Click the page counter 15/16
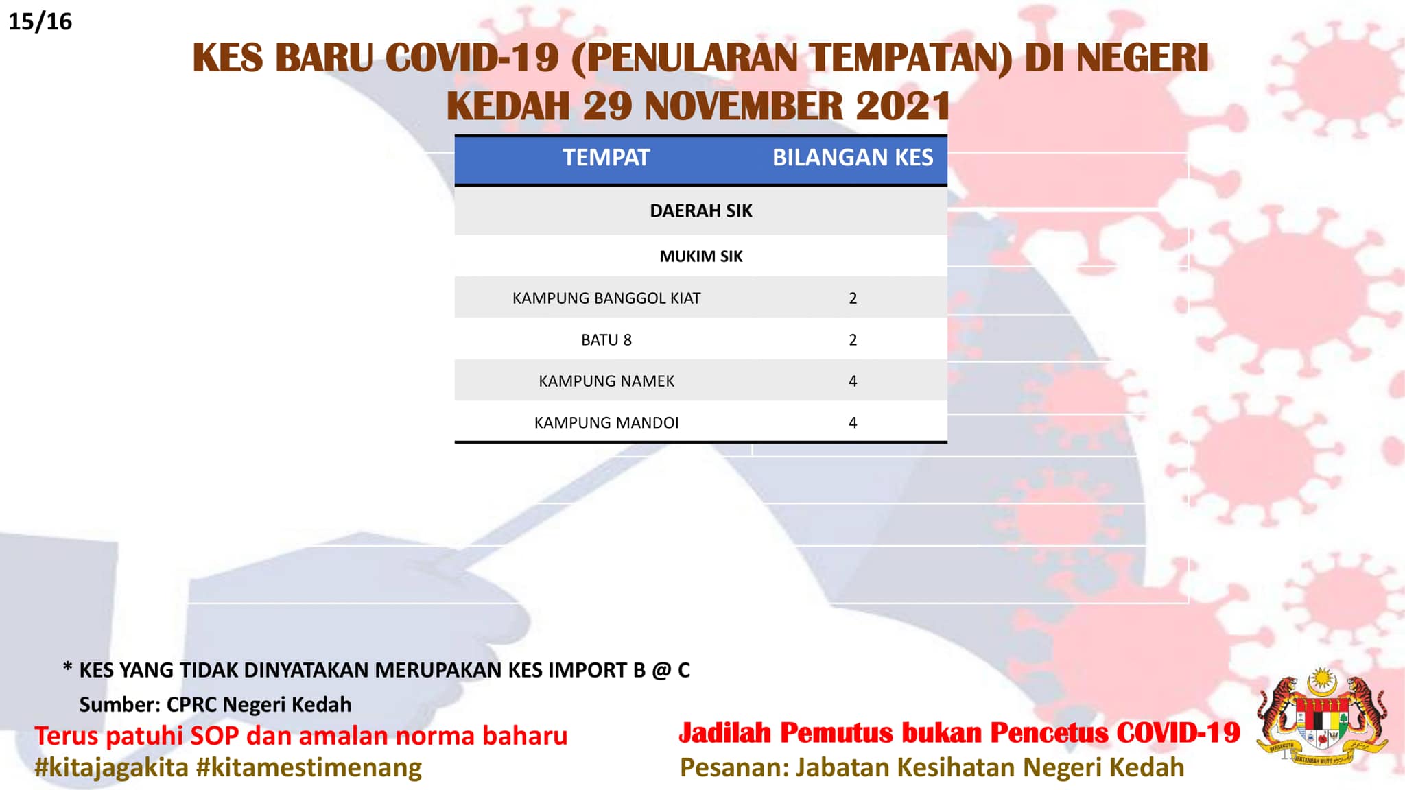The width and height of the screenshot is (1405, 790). (40, 22)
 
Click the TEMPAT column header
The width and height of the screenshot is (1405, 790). (606, 158)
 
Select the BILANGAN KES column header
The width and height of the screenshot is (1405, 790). (853, 158)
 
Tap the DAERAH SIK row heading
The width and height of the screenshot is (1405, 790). (701, 211)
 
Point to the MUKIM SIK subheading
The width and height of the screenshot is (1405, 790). (701, 256)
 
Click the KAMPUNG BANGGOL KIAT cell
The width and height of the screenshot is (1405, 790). (606, 298)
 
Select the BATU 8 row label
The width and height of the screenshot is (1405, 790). (606, 340)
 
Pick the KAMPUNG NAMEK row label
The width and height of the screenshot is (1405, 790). (606, 381)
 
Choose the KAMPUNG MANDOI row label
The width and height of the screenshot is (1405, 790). (606, 422)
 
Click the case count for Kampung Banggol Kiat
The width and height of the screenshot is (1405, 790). (853, 298)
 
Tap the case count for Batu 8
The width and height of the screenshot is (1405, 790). (853, 340)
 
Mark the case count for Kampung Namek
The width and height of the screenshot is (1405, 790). (853, 381)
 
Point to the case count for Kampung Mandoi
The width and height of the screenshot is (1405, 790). (853, 422)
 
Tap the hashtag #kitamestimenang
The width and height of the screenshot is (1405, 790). (309, 767)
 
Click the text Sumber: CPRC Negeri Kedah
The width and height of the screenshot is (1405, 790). (215, 704)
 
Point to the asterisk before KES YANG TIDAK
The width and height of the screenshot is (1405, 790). (67, 667)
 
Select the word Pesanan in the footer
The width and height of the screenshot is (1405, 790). (733, 767)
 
